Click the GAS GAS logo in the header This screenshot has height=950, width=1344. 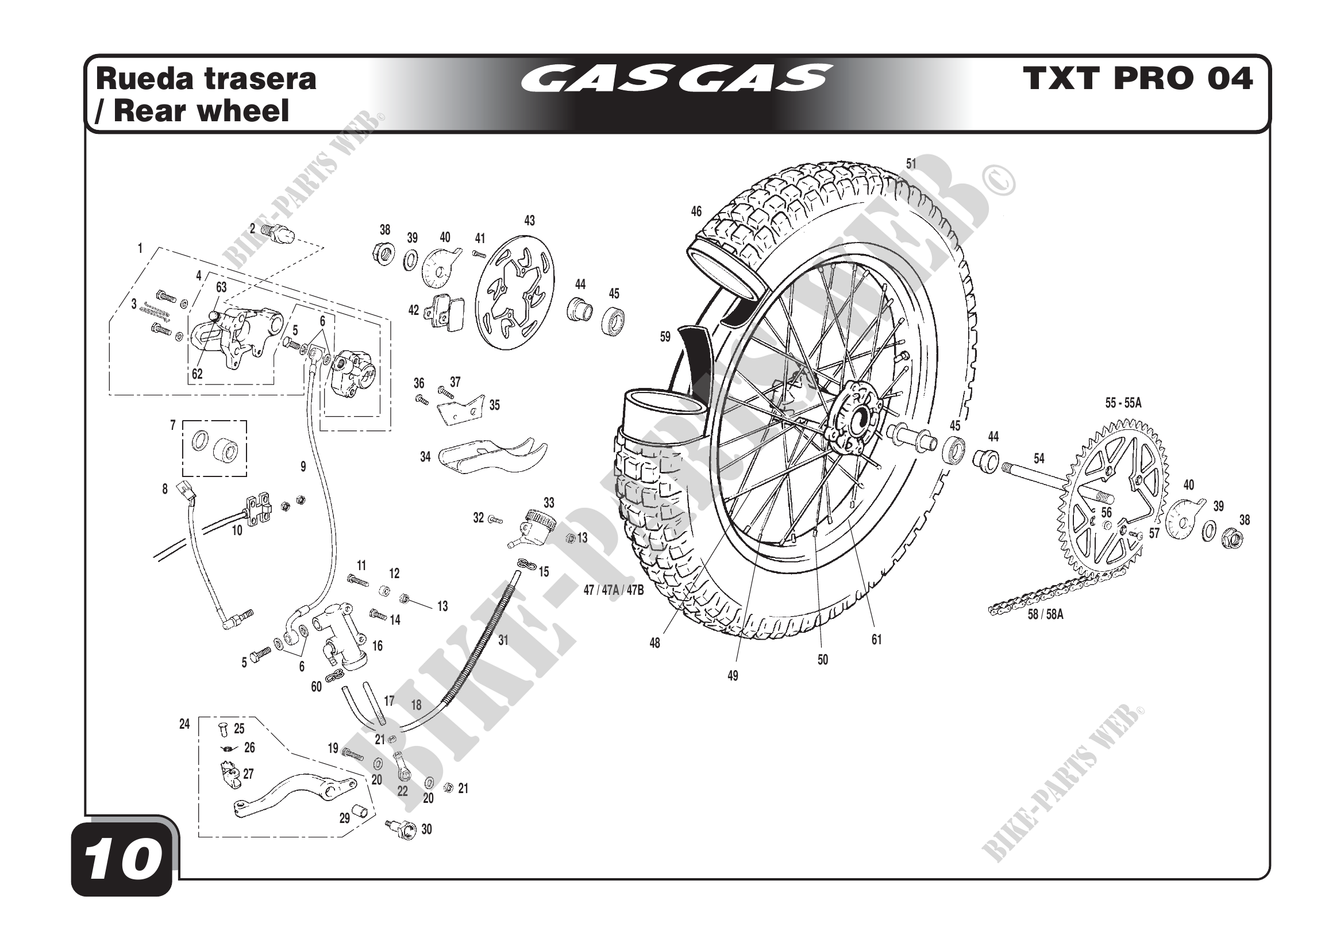676,78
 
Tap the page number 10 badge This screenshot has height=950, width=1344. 122,859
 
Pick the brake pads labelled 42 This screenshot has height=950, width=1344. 444,310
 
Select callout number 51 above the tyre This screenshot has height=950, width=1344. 911,164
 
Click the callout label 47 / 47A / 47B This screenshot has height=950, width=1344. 613,590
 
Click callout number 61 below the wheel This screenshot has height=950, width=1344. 876,640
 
